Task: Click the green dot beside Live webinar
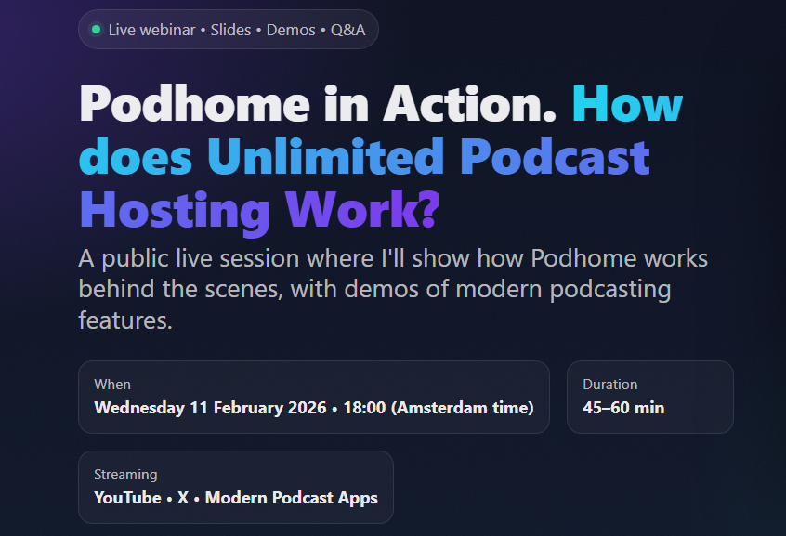coord(96,30)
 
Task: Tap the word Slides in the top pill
coord(230,30)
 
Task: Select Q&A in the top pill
coord(347,30)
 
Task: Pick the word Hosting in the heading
coord(175,210)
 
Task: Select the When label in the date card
coord(112,385)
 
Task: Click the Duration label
coord(609,385)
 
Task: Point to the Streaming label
coord(125,475)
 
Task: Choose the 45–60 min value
coord(623,408)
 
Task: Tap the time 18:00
coord(364,408)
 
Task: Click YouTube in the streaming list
coord(127,498)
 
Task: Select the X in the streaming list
coord(183,498)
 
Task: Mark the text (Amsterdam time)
coord(462,408)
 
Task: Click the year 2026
coord(304,408)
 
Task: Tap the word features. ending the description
coord(125,321)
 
